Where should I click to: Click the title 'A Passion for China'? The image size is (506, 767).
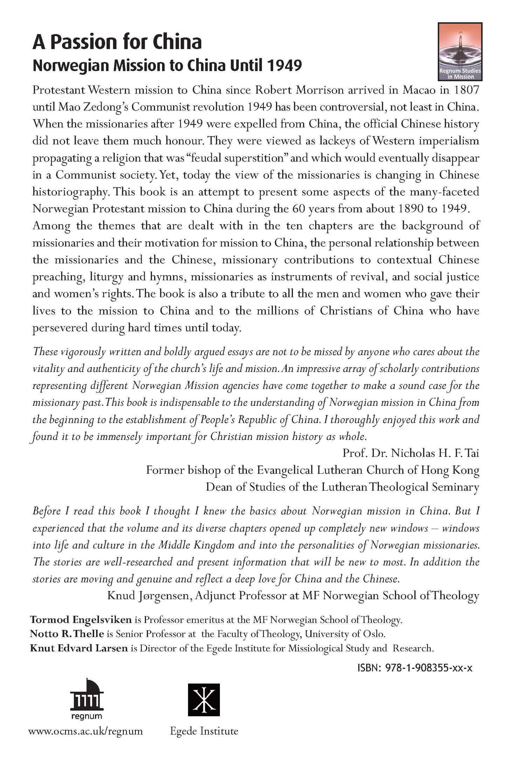(117, 42)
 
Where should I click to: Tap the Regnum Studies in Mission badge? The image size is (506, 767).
(460, 51)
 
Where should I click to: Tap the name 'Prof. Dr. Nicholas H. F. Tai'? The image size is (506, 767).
(410, 453)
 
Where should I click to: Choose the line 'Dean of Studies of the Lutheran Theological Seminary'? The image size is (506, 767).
(342, 487)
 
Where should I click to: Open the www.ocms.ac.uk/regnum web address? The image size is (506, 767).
(85, 731)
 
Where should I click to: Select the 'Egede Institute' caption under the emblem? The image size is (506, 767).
(204, 731)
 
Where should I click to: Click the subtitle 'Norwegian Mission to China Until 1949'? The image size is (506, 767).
(167, 65)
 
